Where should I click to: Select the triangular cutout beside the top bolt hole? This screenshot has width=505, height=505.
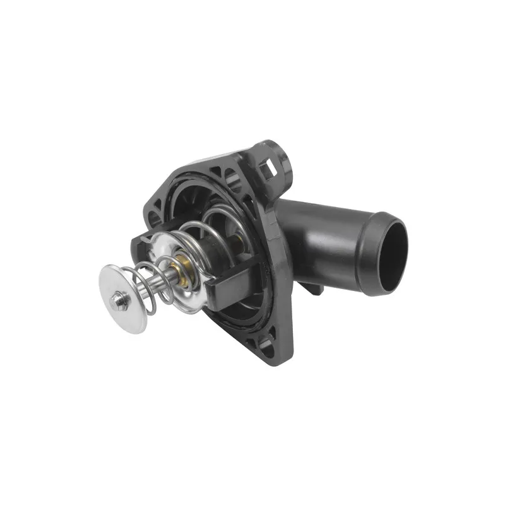215,172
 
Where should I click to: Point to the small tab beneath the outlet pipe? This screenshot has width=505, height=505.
314,288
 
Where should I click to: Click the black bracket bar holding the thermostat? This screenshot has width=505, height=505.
227,284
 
